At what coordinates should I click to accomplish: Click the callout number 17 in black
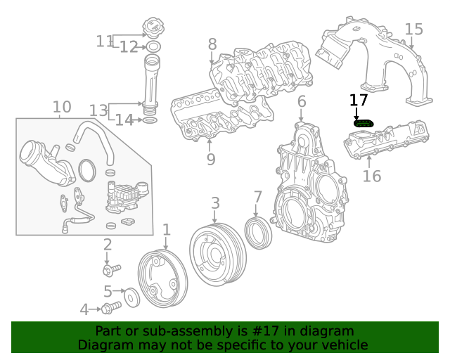click(359, 100)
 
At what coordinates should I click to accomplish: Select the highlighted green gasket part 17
click(364, 124)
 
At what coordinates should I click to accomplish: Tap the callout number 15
click(414, 30)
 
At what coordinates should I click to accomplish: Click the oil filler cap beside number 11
click(153, 30)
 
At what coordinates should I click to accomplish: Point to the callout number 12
click(129, 47)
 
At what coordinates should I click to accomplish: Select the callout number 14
click(124, 120)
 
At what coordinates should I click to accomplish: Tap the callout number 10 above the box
click(62, 107)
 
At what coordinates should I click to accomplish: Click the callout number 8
click(212, 44)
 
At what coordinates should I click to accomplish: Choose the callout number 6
click(302, 102)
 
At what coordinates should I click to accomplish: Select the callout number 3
click(215, 204)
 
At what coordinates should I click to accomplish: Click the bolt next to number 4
click(109, 308)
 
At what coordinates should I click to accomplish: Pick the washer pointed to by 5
click(131, 297)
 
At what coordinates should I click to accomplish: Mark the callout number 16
click(372, 175)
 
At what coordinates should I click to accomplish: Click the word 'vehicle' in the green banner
click(340, 345)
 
